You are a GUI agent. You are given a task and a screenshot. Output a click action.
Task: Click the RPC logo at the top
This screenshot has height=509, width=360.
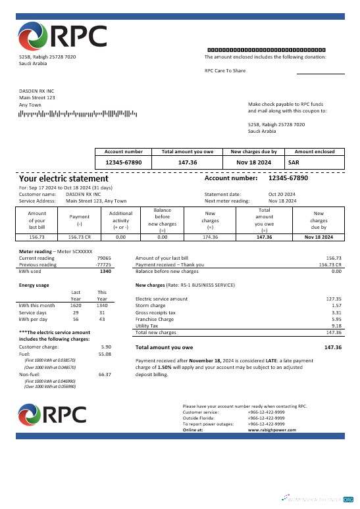63,36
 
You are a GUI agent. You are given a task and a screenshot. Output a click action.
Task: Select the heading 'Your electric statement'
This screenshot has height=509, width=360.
63,178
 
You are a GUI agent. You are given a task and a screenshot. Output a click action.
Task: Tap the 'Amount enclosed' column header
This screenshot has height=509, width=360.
315,151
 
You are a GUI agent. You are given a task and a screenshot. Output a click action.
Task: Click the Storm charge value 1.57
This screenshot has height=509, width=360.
336,306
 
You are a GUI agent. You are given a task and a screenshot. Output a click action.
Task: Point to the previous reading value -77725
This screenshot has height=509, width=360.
104,264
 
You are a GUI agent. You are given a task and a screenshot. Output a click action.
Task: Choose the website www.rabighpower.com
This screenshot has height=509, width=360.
272,429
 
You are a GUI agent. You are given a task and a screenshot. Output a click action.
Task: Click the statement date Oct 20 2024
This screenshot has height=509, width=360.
282,195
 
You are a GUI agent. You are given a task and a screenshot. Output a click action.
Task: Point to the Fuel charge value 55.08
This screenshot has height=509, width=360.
105,354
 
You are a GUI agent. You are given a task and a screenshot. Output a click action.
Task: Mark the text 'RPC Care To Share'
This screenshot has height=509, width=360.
225,70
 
